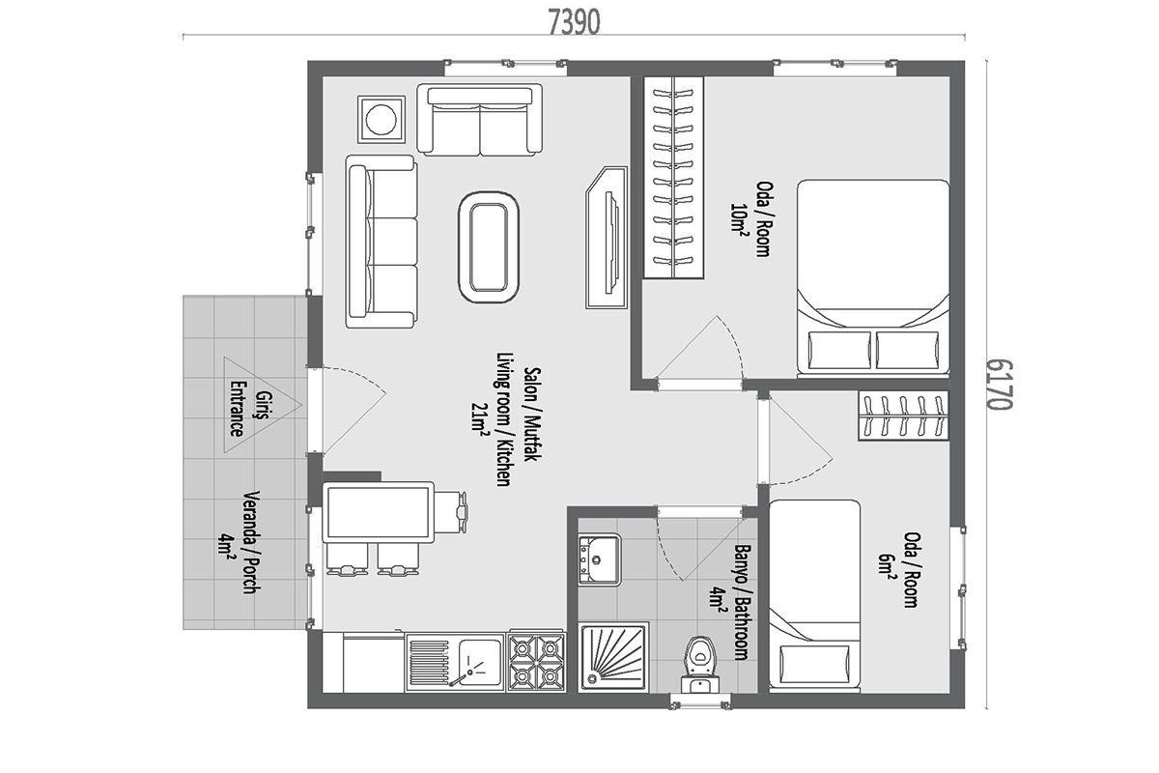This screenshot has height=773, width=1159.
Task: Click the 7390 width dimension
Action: (x=574, y=22)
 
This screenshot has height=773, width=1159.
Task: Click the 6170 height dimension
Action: (x=999, y=384)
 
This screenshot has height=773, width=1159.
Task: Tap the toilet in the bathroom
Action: (x=700, y=664)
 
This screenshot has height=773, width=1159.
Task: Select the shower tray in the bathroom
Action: (x=614, y=658)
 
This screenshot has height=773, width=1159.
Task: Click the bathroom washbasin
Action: (x=599, y=559)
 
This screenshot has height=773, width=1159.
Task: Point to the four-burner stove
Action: (x=536, y=662)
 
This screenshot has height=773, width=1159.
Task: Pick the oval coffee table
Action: (x=489, y=247)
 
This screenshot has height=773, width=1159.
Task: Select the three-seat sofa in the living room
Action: (x=382, y=242)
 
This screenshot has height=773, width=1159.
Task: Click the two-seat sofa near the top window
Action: (x=480, y=120)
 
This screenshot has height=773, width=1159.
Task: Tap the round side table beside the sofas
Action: (x=382, y=119)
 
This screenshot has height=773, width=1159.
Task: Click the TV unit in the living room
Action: (x=607, y=238)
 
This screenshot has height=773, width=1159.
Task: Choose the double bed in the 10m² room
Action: (x=873, y=276)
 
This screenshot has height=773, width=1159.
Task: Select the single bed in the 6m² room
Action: (x=814, y=595)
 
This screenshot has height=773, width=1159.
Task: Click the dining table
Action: (x=379, y=512)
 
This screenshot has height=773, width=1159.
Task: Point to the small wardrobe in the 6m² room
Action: (x=903, y=415)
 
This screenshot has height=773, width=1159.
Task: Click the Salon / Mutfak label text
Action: (x=532, y=415)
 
